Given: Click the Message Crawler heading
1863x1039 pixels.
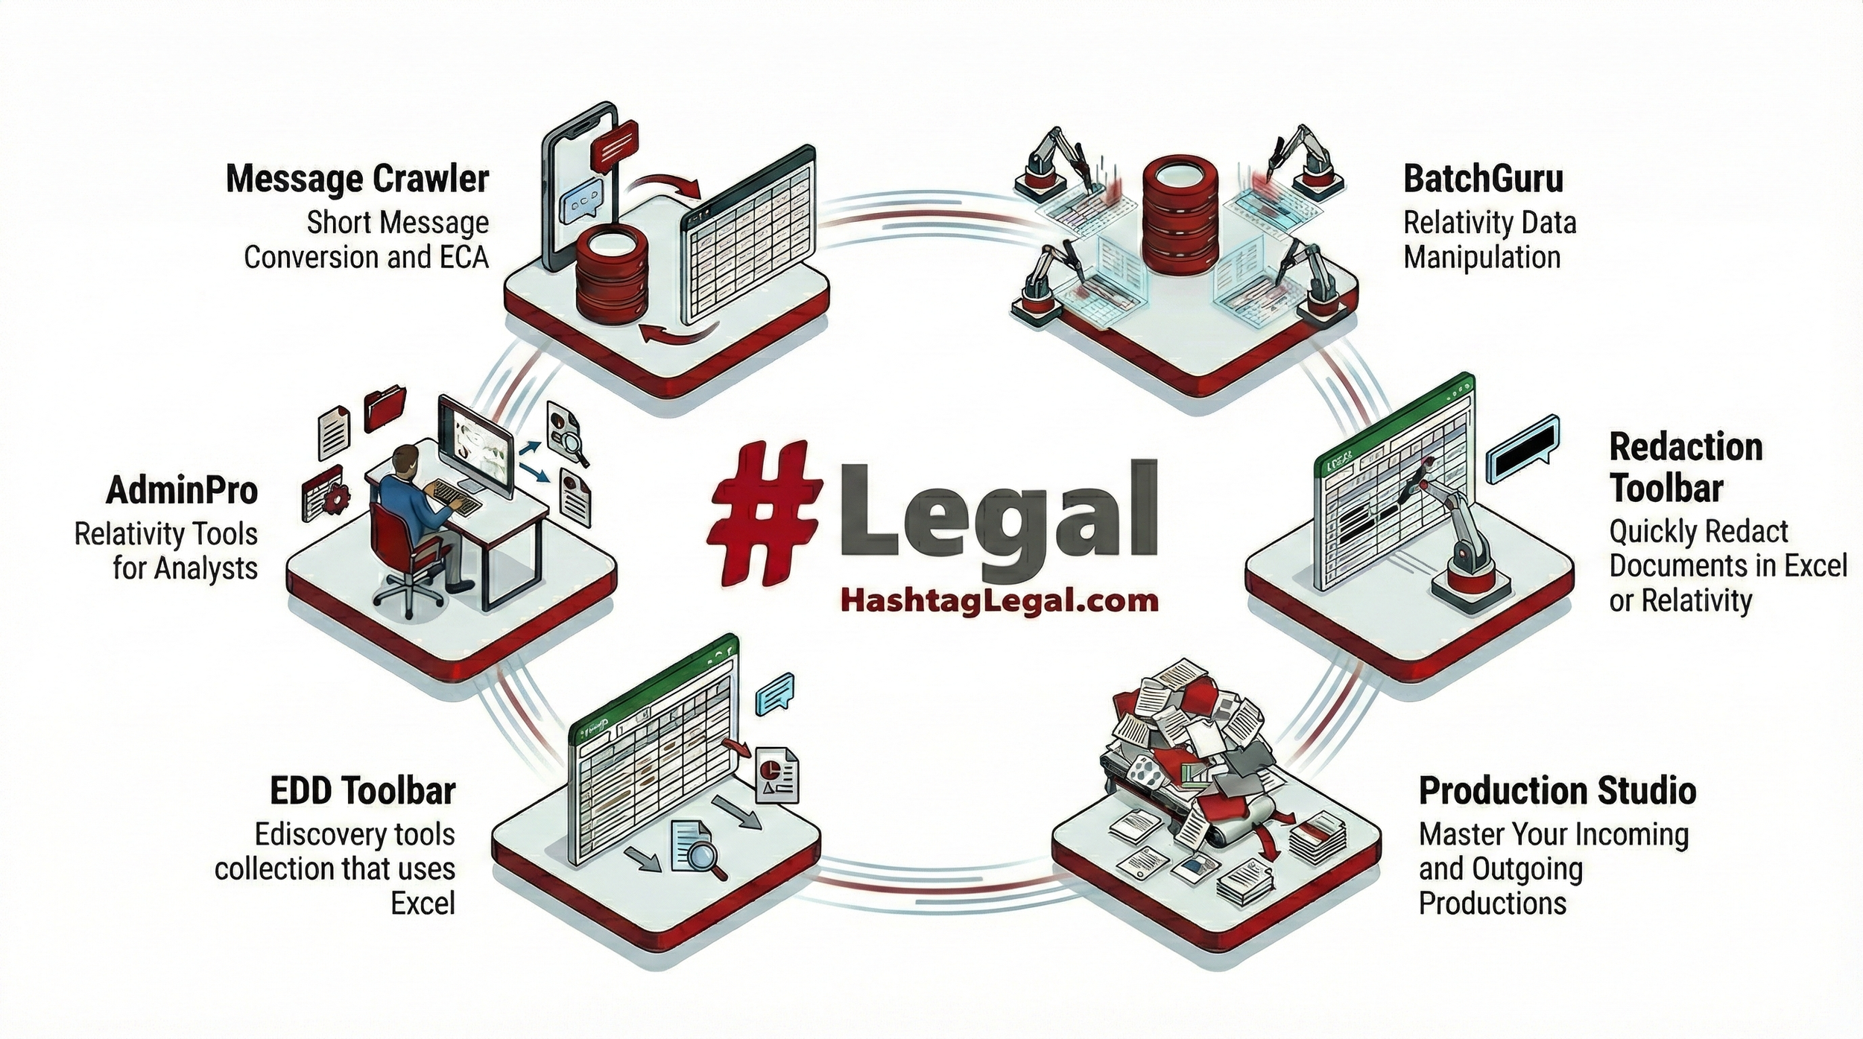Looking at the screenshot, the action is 358,179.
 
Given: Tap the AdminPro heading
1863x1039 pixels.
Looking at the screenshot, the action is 183,491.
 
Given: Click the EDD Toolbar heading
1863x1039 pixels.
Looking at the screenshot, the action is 362,791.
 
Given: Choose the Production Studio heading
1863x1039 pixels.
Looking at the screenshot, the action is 1557,791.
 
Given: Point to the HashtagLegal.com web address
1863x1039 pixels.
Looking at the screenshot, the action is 999,600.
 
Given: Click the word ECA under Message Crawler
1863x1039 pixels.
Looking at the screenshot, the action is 463,258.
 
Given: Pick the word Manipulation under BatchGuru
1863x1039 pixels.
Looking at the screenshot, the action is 1481,258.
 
